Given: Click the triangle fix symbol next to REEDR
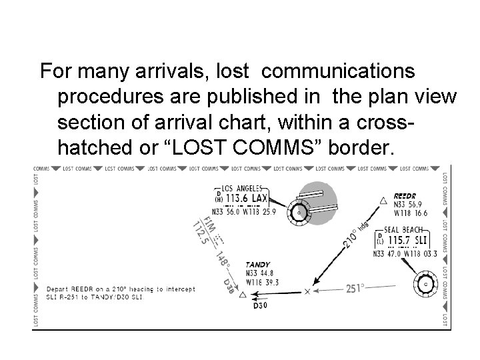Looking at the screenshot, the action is (383, 200).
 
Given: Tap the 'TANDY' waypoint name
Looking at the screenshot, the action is (257, 265).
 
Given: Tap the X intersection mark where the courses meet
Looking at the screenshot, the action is (307, 291).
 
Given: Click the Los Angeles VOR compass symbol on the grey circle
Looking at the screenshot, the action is (298, 213).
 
